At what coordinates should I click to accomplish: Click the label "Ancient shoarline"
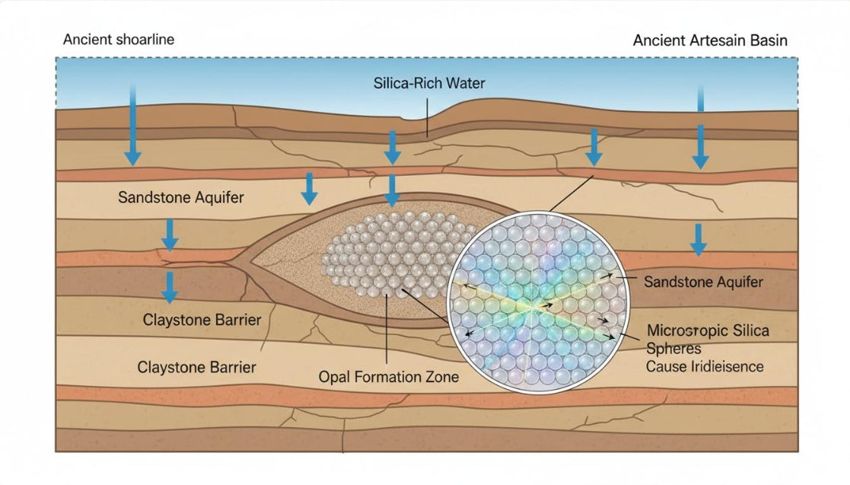[x=118, y=40]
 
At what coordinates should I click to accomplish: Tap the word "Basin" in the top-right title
[x=768, y=40]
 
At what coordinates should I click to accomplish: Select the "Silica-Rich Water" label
[x=429, y=82]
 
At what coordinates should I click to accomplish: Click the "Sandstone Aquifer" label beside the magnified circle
[x=703, y=282]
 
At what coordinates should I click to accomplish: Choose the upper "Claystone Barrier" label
[x=202, y=320]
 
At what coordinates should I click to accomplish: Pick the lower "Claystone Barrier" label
[x=196, y=367]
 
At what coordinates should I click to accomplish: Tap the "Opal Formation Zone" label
[x=388, y=377]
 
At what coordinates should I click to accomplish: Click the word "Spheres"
[x=673, y=349]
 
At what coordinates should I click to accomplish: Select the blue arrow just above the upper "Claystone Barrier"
[x=170, y=287]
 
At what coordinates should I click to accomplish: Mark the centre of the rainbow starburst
[x=541, y=305]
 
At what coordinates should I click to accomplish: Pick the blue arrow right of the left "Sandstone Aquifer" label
[x=308, y=189]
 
